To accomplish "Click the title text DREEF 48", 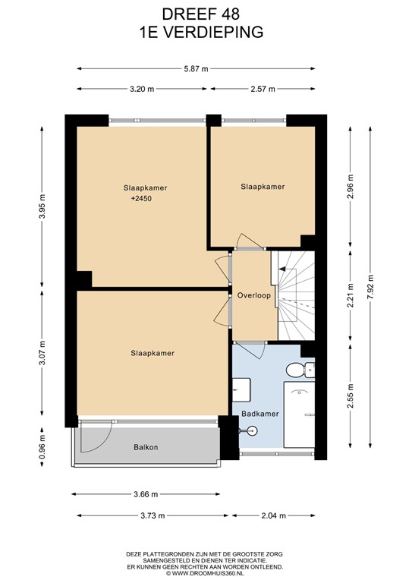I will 206,14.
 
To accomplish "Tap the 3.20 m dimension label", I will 141,89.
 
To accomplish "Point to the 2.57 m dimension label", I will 263,89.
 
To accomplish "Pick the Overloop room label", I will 253,295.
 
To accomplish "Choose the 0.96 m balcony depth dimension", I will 42,447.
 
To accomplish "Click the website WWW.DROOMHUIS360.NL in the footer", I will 206,575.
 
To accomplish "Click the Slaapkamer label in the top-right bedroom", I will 263,186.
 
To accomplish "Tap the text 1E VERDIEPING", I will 206,32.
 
